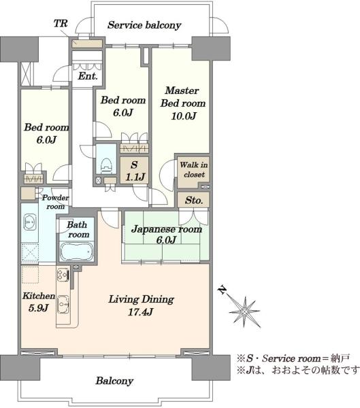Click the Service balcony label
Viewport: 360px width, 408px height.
[x=144, y=25]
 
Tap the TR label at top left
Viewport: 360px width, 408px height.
[x=61, y=23]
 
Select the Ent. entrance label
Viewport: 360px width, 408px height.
[x=88, y=76]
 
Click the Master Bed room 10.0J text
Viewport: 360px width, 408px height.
[x=183, y=103]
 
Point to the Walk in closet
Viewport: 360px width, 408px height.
[x=193, y=172]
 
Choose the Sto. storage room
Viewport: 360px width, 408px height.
[x=193, y=200]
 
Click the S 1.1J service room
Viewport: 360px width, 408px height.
[x=134, y=171]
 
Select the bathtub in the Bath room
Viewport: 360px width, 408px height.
[x=77, y=251]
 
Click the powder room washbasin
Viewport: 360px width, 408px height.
[x=30, y=222]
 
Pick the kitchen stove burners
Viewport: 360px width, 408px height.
[x=63, y=275]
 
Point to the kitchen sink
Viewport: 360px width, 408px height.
[x=63, y=305]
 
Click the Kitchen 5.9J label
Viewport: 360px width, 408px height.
[x=39, y=302]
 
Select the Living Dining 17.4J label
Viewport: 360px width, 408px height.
[x=141, y=305]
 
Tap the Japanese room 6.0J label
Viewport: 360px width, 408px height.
[x=167, y=234]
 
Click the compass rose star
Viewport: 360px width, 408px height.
[x=244, y=311]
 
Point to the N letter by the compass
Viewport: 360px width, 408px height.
[x=223, y=290]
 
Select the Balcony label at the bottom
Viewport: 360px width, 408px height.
[x=114, y=381]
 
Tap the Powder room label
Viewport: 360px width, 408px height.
[x=55, y=202]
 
